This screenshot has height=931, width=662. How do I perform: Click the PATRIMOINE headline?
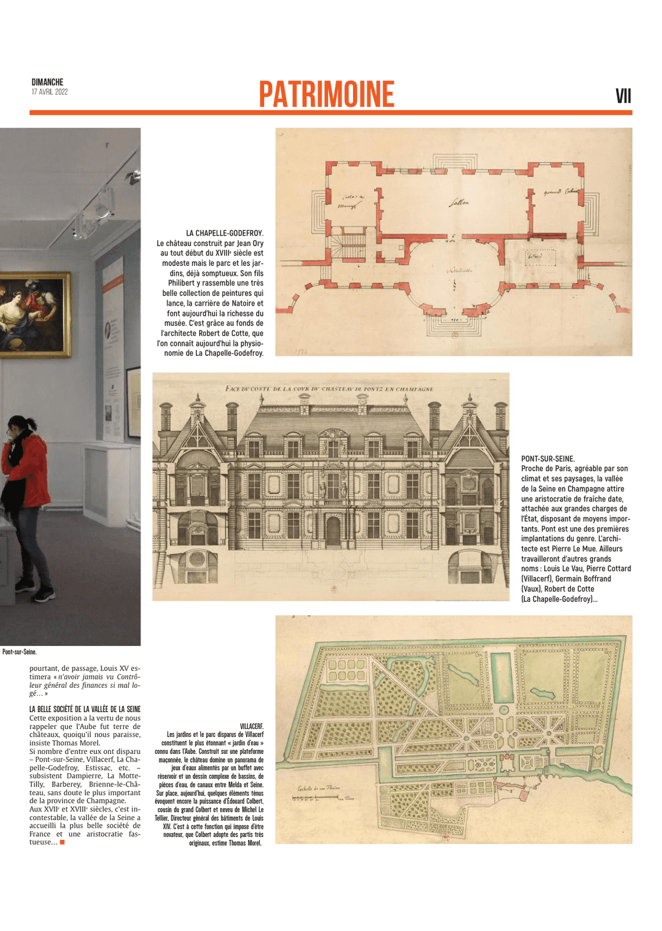[326, 94]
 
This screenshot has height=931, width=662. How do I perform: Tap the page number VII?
[623, 96]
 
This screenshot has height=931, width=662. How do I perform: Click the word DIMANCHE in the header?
[48, 82]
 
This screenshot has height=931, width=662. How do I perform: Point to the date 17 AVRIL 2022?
[50, 92]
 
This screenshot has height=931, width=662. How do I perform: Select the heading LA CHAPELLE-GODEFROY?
[225, 233]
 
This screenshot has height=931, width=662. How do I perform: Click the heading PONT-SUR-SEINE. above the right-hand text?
[548, 459]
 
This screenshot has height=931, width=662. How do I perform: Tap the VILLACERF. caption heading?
[251, 726]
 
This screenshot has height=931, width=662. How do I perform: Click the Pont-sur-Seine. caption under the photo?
[19, 652]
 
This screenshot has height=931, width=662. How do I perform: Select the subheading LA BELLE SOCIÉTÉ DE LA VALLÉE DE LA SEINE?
[85, 709]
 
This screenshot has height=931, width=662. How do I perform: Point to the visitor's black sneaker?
[45, 594]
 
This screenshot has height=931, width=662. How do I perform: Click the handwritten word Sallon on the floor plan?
[459, 203]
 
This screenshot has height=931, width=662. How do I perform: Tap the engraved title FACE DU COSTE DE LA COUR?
[329, 388]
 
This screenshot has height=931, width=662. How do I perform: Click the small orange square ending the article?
[62, 842]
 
